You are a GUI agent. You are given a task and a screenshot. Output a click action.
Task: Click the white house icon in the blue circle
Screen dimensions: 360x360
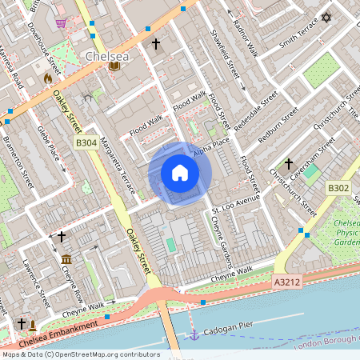point(180,173)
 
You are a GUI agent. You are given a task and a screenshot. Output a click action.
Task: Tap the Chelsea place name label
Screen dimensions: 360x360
point(106,57)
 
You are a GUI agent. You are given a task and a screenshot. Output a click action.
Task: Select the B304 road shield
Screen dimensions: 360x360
point(86,142)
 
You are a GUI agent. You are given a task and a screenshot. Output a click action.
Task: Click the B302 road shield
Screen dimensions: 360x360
point(338,188)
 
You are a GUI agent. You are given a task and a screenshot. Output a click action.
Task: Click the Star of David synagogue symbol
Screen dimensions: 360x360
point(326,18)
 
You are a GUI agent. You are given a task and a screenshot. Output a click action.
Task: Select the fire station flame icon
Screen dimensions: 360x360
point(48,78)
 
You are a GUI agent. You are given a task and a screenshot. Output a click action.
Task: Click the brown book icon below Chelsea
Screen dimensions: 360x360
point(114,67)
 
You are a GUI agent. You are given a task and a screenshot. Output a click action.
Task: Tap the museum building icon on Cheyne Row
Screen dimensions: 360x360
point(66,260)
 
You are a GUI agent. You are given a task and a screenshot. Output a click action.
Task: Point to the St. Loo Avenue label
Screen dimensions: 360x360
point(237,205)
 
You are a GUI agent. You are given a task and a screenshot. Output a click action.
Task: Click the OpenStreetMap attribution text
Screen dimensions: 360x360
point(80,354)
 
